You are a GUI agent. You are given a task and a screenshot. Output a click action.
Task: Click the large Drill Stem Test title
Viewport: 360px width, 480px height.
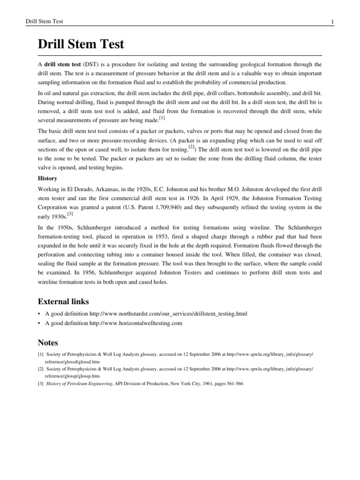tap(81, 45)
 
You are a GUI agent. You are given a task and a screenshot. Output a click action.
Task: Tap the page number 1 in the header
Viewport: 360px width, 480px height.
tap(332, 22)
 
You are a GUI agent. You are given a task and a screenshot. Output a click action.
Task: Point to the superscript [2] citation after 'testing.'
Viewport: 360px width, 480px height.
tap(191, 146)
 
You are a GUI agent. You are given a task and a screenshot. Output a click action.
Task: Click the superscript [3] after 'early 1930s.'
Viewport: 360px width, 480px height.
tap(70, 214)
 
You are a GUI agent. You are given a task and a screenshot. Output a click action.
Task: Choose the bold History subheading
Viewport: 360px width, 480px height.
tap(47, 179)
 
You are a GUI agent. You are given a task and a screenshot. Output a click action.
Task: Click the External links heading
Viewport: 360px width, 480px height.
tap(63, 301)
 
